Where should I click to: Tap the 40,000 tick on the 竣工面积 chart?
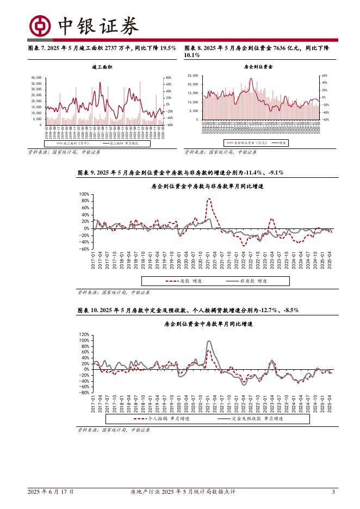[x=36, y=78]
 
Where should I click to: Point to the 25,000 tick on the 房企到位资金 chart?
[x=193, y=76]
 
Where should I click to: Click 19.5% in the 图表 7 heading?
[x=167, y=48]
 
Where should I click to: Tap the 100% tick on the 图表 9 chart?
[x=84, y=194]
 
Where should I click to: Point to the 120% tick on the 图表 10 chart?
[x=84, y=334]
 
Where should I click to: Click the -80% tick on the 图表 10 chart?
[x=84, y=392]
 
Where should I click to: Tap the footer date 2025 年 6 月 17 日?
[x=51, y=492]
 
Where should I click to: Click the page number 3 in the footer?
[x=333, y=492]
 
